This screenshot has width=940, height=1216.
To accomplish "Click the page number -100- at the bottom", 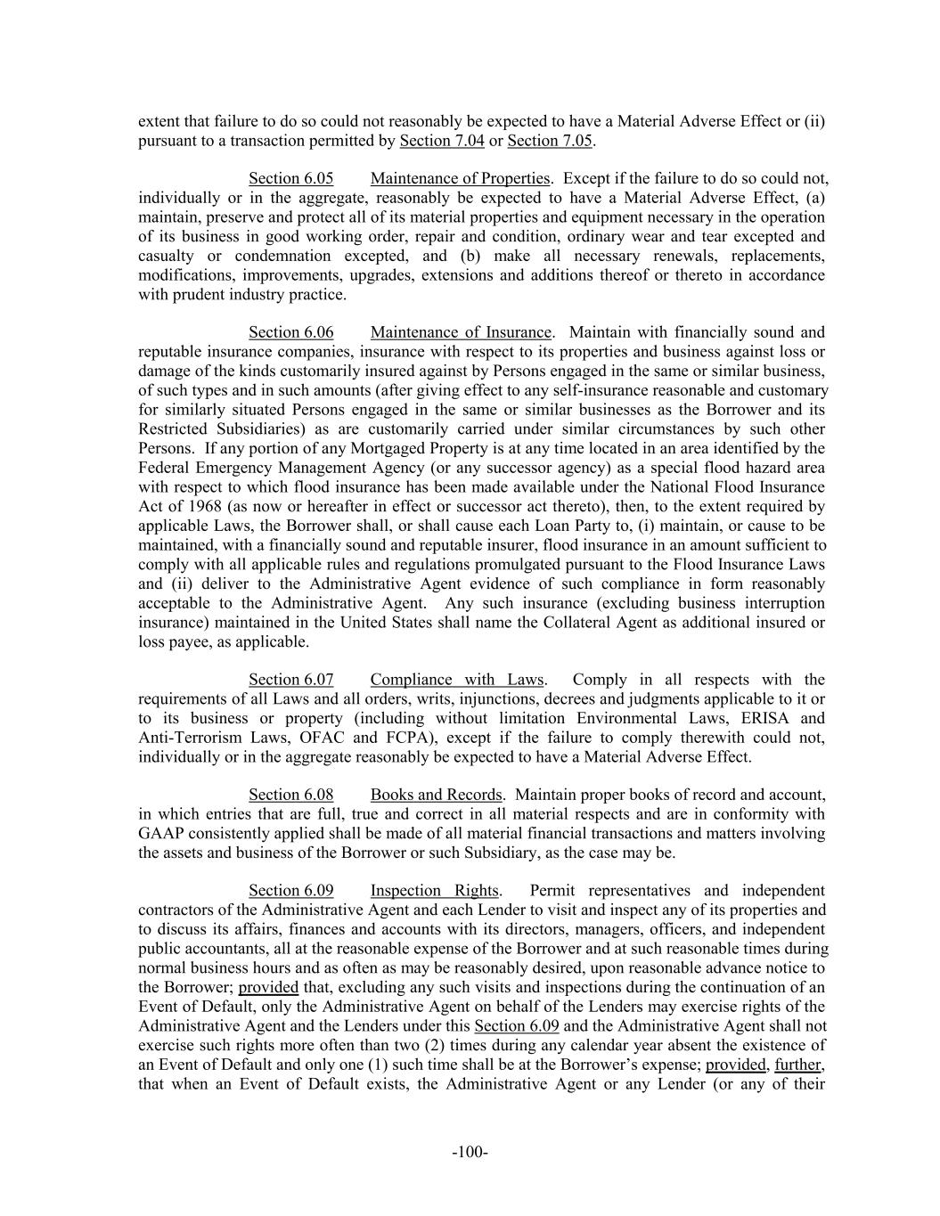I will click(470, 1153).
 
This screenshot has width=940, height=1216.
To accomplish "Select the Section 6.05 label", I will click(290, 178).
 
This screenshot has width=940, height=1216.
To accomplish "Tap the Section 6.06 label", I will click(290, 332).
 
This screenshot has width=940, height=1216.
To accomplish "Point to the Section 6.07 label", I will click(290, 680).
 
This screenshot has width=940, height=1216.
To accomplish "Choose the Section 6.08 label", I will click(290, 795).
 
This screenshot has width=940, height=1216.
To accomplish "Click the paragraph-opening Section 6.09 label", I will click(290, 891).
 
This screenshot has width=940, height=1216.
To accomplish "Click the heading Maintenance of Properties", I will click(461, 178).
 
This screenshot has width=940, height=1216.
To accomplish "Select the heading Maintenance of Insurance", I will click(461, 332).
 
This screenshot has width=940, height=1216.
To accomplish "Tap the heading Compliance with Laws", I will click(457, 680).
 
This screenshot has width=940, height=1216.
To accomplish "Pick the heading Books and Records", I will click(436, 795).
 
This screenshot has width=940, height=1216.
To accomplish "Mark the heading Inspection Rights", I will click(434, 891).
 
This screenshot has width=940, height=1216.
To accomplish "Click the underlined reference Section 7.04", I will click(442, 141).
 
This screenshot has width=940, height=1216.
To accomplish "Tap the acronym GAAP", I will click(161, 834).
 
